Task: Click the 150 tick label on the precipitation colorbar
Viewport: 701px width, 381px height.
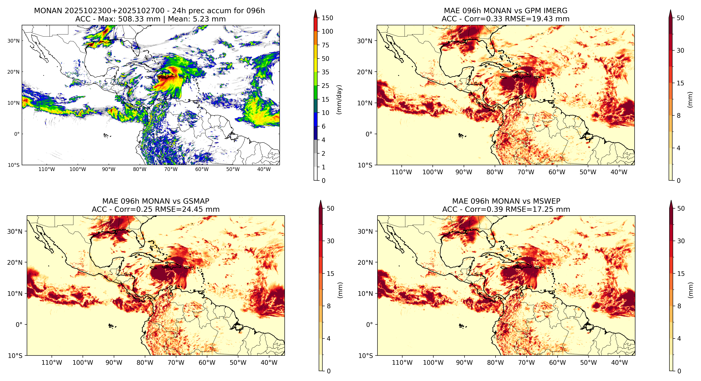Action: [327, 18]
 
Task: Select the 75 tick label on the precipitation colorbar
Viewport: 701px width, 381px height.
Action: [326, 45]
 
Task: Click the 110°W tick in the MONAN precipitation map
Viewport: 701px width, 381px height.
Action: [47, 169]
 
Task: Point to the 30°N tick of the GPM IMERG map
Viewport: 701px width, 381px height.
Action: [365, 41]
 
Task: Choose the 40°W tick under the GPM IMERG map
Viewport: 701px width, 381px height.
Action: [619, 172]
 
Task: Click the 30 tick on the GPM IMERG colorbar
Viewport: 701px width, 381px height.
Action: [680, 51]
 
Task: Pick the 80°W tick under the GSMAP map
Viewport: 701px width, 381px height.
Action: [145, 363]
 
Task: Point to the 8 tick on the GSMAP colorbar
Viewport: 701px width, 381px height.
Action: [329, 306]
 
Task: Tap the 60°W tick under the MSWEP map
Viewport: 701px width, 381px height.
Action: [558, 363]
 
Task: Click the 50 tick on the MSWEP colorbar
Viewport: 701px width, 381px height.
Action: [681, 209]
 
